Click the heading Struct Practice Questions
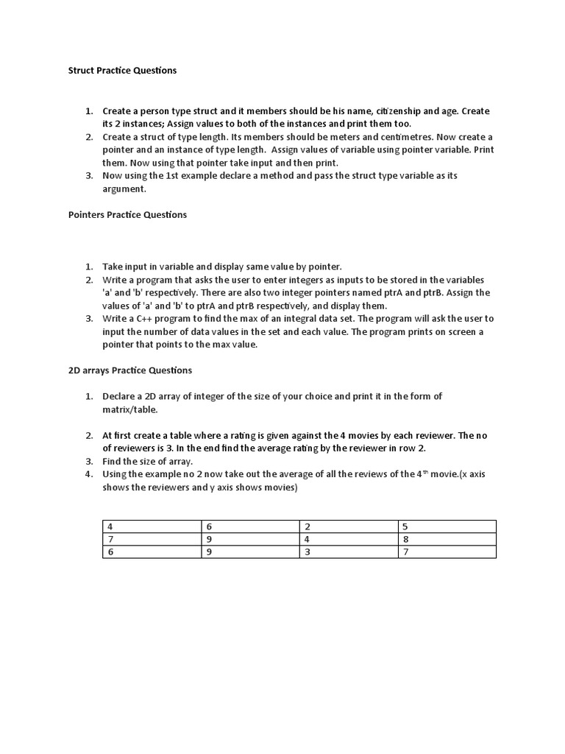coord(122,71)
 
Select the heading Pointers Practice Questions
coord(127,215)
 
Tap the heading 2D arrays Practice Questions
coord(129,370)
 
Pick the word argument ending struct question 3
coord(124,189)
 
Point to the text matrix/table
coord(129,409)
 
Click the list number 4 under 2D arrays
coord(88,474)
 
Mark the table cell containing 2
coord(348,526)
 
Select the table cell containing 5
coord(447,526)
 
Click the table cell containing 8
coord(447,539)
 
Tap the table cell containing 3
coord(348,552)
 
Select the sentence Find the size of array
coord(147,461)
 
